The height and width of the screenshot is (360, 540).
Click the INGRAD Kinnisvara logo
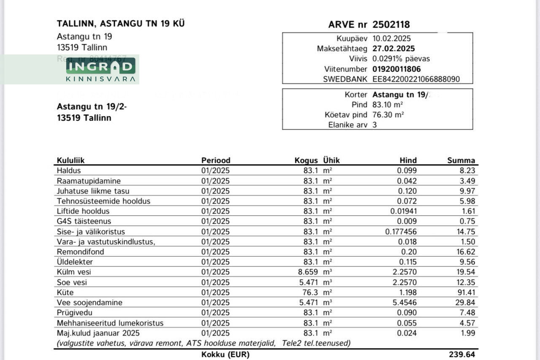(x=101, y=69)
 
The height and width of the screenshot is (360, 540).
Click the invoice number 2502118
(x=391, y=24)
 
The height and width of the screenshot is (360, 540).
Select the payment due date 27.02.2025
(x=394, y=49)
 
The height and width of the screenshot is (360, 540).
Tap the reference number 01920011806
(x=397, y=69)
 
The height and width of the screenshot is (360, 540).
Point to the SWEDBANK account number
(x=416, y=79)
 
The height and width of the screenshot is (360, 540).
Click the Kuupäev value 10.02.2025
(x=391, y=38)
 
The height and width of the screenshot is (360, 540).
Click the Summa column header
(x=461, y=160)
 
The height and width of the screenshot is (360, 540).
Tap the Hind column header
(x=408, y=160)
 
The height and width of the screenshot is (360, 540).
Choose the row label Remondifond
(x=80, y=252)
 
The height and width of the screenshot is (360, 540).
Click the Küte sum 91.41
(x=466, y=292)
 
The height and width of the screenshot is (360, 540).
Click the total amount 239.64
(x=462, y=355)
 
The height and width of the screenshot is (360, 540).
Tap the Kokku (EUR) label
(x=226, y=355)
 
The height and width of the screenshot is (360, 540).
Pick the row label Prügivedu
(x=74, y=313)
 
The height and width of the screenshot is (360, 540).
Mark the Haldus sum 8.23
(x=468, y=171)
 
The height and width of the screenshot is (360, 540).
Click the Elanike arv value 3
(x=375, y=125)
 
